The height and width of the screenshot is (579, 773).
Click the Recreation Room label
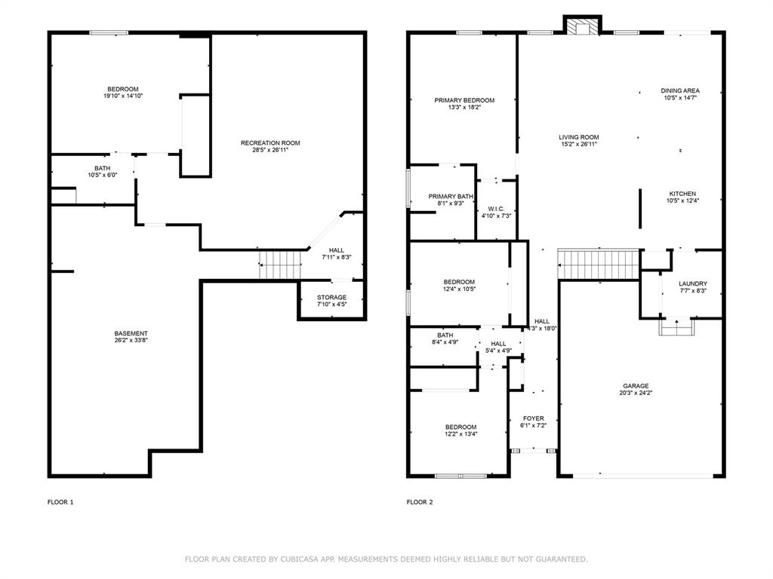tap(270, 143)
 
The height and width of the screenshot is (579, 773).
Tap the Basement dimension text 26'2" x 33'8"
tap(131, 341)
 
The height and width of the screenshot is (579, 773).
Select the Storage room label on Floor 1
tap(331, 298)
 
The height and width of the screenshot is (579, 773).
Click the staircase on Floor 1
tap(280, 264)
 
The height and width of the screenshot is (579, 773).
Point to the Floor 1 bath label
tap(102, 168)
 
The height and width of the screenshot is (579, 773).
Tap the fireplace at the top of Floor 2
tap(583, 27)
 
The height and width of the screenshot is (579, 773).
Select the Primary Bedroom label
tap(463, 100)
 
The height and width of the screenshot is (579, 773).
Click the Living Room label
tap(579, 137)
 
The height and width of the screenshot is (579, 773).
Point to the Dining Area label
tap(680, 90)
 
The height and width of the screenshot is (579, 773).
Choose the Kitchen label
tap(682, 194)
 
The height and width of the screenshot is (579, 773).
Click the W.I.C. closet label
tap(496, 209)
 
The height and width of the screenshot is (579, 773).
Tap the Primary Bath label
tap(451, 197)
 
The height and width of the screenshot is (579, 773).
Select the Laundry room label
tap(692, 283)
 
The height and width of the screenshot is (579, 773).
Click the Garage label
tap(636, 386)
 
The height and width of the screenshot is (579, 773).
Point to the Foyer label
tap(533, 418)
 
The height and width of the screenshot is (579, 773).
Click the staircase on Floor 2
tap(599, 264)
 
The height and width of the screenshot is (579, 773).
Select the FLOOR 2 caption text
tap(420, 501)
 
